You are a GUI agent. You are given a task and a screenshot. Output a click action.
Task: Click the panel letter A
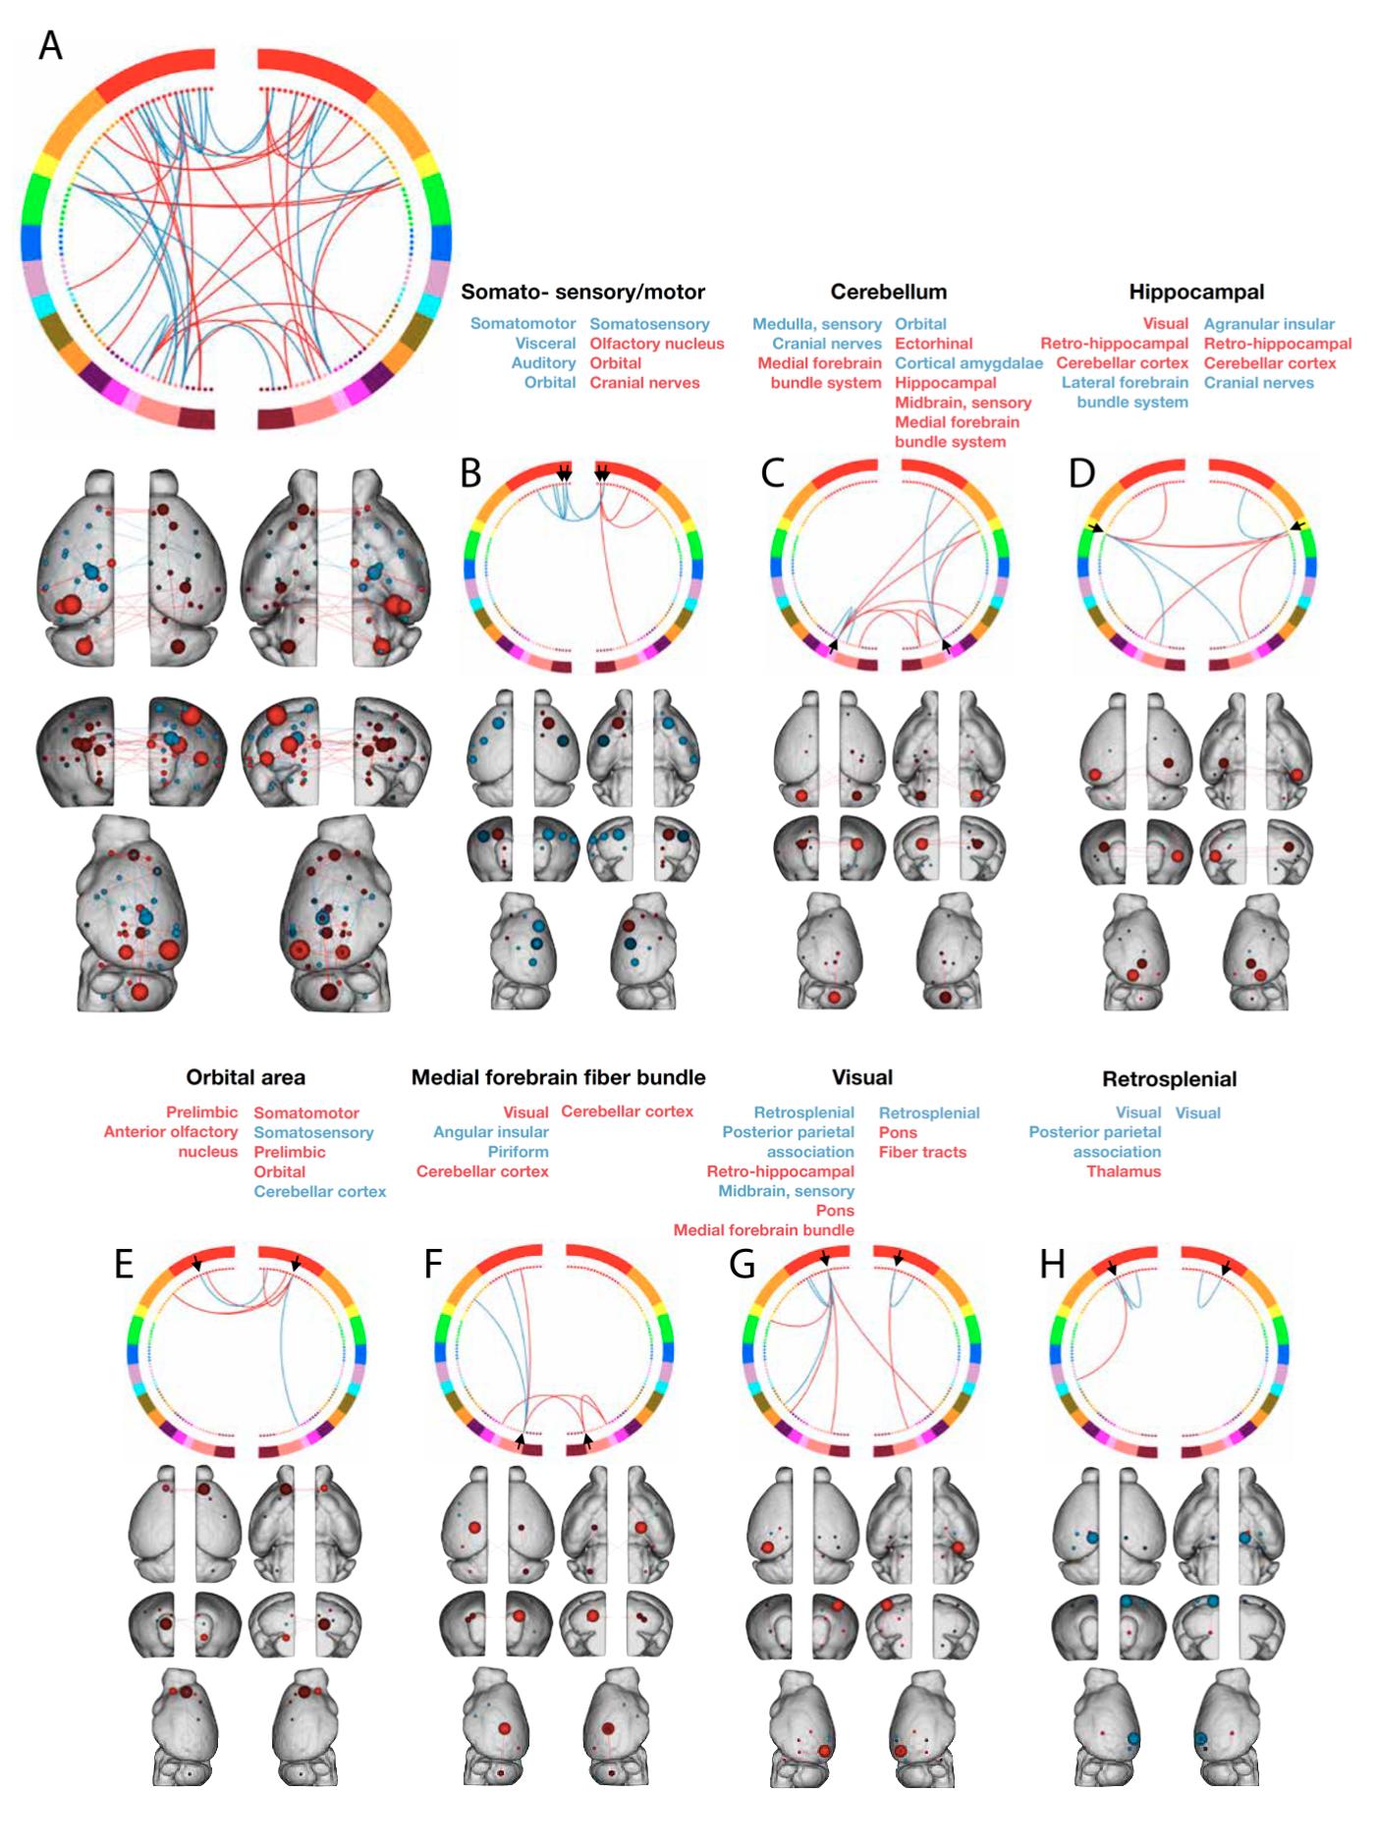tap(50, 46)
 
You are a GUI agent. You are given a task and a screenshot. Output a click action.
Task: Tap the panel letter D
tap(1081, 472)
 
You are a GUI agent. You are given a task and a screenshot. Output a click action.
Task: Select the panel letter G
tap(743, 1264)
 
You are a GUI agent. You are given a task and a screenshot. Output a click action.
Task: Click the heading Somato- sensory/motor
tap(582, 292)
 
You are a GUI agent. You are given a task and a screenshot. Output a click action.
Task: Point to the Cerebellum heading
tap(888, 292)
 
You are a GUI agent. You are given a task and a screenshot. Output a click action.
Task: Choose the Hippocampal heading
tap(1195, 292)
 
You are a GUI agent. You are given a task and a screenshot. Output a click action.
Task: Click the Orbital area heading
tap(246, 1077)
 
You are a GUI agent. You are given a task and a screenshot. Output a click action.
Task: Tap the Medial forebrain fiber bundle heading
tap(558, 1077)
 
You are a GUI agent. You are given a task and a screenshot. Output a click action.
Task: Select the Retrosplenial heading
tap(1169, 1079)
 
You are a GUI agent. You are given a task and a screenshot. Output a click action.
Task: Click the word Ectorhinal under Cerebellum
tap(933, 344)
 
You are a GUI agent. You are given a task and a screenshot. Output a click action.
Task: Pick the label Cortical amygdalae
tap(968, 363)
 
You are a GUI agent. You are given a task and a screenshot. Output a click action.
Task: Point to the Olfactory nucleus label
tap(656, 344)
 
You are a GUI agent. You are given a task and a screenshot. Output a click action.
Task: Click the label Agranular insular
tap(1269, 324)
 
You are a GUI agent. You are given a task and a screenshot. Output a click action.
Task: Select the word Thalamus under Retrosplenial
tap(1124, 1171)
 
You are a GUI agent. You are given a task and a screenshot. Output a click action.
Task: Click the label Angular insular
tap(490, 1132)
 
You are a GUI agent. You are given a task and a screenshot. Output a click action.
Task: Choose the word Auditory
tap(543, 363)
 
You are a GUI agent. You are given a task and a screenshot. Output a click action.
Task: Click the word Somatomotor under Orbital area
tap(306, 1113)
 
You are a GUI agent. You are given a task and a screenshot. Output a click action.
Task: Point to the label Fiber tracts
tap(922, 1152)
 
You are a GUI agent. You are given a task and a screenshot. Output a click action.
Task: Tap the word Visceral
tap(545, 344)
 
